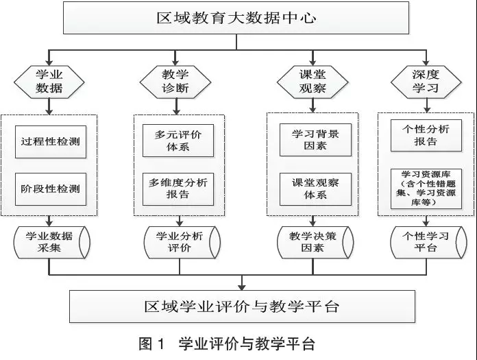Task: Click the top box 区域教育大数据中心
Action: click(236, 18)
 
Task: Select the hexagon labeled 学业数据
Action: click(49, 80)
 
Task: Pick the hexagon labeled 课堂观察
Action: click(312, 80)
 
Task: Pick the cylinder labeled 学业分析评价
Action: click(178, 241)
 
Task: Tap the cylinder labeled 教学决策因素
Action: click(313, 241)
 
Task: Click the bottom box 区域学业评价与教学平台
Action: click(242, 306)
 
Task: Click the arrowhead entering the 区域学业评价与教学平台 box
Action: click(242, 285)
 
